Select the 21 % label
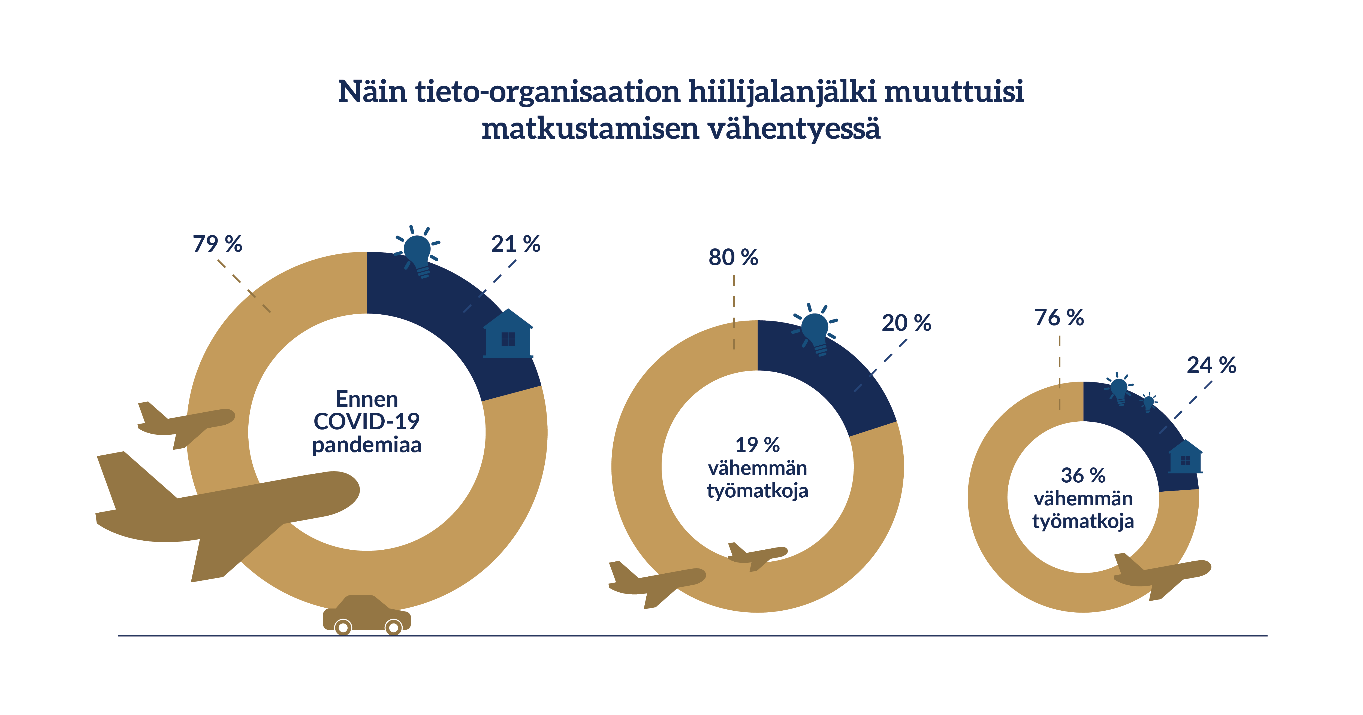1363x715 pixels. click(x=515, y=244)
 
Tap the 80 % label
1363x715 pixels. click(x=733, y=258)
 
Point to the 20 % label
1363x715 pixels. click(x=906, y=322)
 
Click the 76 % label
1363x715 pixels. click(x=1059, y=317)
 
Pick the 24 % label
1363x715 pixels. click(x=1212, y=365)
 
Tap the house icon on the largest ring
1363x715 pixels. click(x=508, y=334)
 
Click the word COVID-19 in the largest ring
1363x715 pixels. click(x=367, y=421)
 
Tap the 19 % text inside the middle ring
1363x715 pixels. click(x=758, y=445)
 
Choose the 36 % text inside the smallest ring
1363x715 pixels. click(x=1083, y=475)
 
